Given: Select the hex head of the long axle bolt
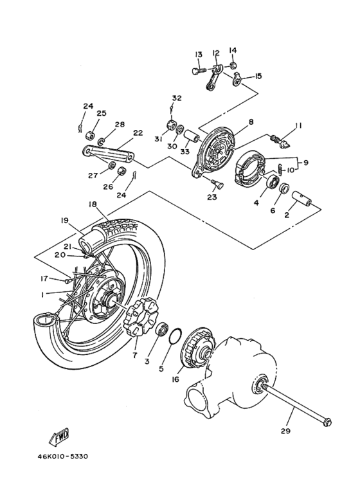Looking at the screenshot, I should point(327,422).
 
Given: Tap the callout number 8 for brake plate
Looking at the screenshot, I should point(250,121).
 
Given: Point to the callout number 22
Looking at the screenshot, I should point(138,133).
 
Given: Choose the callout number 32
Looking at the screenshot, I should point(176,98).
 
